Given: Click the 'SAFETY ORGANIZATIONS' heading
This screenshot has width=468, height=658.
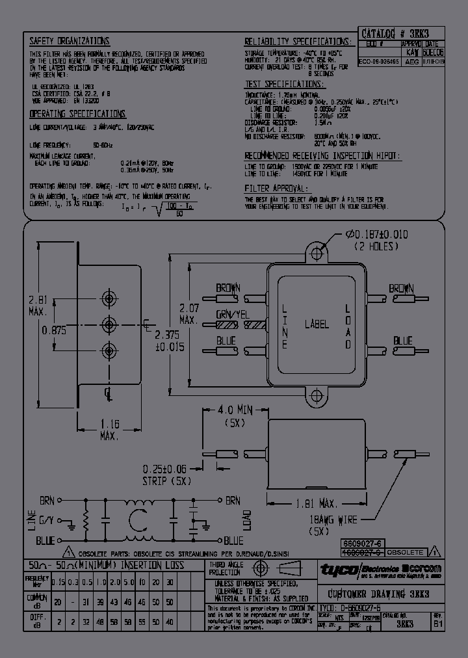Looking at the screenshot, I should [x=70, y=40].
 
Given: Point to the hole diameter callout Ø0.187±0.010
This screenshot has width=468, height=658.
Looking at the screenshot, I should [x=376, y=235].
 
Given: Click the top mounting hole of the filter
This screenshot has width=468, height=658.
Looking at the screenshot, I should [x=317, y=251].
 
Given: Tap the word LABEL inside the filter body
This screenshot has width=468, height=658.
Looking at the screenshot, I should [x=317, y=324].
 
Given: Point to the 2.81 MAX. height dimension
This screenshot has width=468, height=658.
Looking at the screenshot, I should [x=38, y=306].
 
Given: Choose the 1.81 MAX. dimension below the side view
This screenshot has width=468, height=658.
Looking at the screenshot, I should [x=316, y=504].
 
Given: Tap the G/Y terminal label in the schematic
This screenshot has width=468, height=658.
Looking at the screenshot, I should [x=46, y=520].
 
